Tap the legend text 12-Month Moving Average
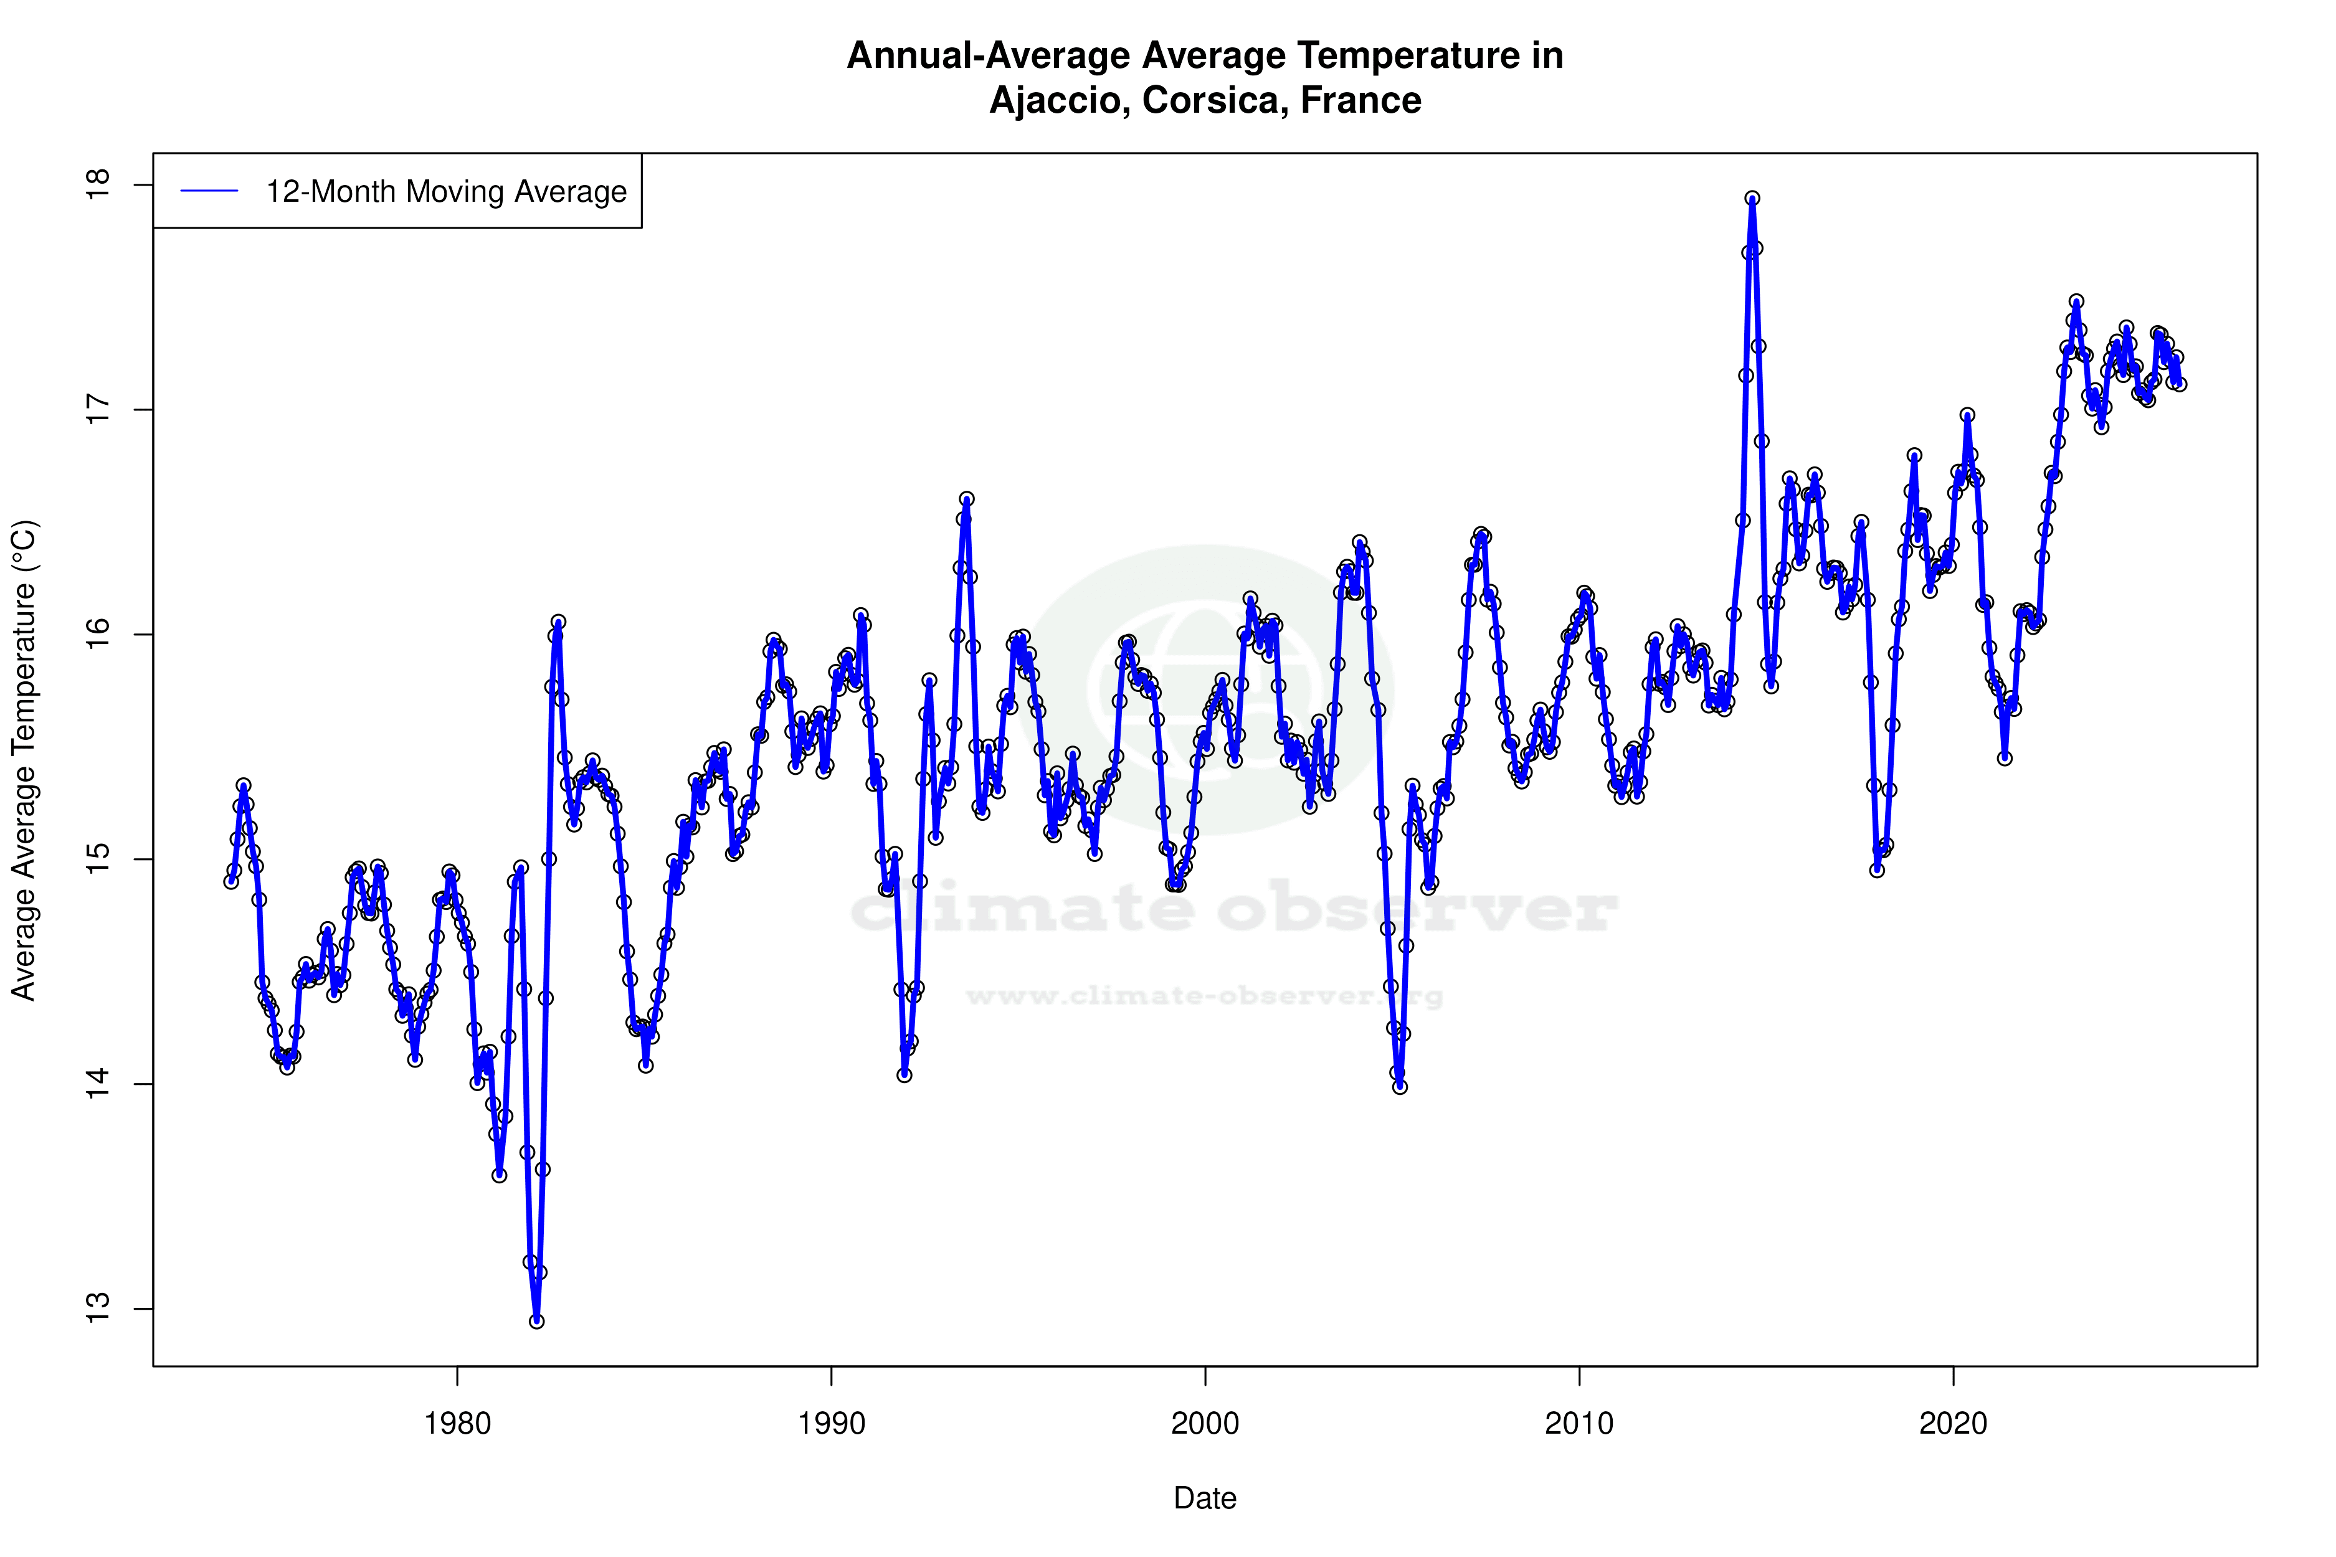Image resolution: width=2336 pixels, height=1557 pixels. tap(446, 192)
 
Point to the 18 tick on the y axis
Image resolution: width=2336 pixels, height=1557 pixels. tap(98, 185)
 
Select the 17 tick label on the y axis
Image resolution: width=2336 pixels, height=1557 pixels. tap(98, 409)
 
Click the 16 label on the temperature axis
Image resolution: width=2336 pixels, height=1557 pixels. tap(98, 635)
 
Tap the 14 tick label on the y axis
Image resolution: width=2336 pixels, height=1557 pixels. tap(98, 1084)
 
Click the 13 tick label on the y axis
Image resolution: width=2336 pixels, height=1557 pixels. tap(98, 1309)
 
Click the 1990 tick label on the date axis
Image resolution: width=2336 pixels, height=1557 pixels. tap(832, 1424)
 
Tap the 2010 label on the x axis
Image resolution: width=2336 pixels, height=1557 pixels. tap(1579, 1424)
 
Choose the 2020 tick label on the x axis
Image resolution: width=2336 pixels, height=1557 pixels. tap(1953, 1424)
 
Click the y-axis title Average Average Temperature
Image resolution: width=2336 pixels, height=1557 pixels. tap(23, 760)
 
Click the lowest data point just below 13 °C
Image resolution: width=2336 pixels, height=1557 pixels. tap(536, 1321)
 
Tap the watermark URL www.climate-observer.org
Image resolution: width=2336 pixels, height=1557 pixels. tap(1204, 996)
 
